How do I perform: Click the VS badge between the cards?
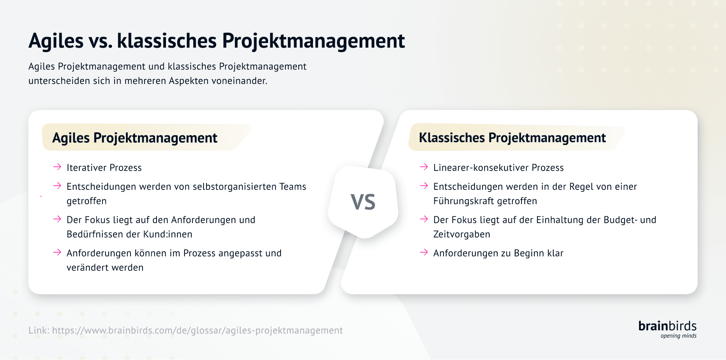[363, 202]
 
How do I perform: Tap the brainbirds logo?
[667, 326]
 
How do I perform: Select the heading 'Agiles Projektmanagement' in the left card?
[135, 138]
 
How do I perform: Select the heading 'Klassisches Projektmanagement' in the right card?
[512, 138]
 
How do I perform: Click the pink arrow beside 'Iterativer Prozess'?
[57, 167]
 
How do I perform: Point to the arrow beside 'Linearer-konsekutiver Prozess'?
[424, 167]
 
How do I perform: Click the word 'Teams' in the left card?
[293, 187]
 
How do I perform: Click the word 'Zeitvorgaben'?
[462, 234]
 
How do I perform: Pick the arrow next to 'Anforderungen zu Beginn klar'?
[424, 252]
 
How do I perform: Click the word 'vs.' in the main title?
[100, 41]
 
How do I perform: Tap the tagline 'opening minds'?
[678, 336]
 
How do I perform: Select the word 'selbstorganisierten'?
[234, 187]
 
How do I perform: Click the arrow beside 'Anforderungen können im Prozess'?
[57, 252]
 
